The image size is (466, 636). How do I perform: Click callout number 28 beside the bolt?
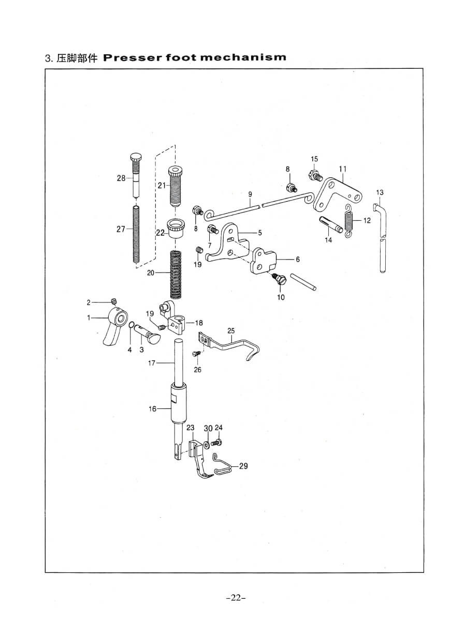tap(121, 178)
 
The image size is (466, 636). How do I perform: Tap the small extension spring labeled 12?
tap(350, 220)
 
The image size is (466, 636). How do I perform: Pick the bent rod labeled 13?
tap(382, 238)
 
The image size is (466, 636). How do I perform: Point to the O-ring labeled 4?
tap(132, 326)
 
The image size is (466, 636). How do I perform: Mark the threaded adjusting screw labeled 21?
tap(176, 187)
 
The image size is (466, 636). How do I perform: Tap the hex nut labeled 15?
tap(313, 175)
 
